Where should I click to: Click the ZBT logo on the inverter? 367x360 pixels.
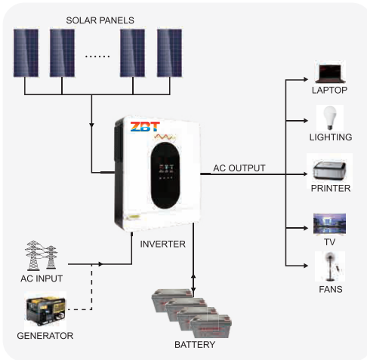pos(145,127)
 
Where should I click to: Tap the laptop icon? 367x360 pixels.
pos(330,73)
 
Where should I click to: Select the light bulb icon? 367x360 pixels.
pos(330,118)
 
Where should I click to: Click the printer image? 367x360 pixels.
pos(329,171)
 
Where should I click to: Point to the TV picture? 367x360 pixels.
pos(329,224)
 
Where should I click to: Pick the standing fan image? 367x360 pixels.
pos(330,266)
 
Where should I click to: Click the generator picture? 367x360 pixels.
pos(46,311)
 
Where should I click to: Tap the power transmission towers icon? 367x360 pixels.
pos(41,255)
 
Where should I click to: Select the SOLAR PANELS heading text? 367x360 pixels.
pos(100,20)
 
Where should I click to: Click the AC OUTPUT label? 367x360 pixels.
pos(239,168)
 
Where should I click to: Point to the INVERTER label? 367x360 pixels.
pos(163,244)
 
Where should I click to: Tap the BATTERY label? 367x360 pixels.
pos(195,345)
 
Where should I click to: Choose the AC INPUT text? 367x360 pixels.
pos(42,278)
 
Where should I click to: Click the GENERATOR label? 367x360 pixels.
pos(45,336)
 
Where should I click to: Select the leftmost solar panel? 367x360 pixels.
pos(26,53)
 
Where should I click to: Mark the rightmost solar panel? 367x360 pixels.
pos(169,53)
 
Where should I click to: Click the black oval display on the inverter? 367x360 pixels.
pos(165,176)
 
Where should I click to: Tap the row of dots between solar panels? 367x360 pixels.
pos(97,57)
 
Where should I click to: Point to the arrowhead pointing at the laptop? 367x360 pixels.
pos(306,79)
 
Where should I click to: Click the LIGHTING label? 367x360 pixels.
pos(331,137)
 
